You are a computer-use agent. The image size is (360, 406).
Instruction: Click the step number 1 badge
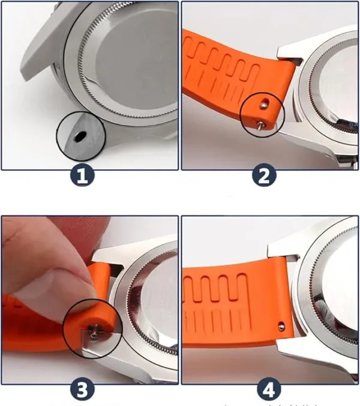[x=82, y=176]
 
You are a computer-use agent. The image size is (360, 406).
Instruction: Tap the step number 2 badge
[x=264, y=176]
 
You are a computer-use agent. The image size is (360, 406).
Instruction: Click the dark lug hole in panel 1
[x=80, y=136]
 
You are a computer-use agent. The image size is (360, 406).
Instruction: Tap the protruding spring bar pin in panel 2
[x=260, y=125]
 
